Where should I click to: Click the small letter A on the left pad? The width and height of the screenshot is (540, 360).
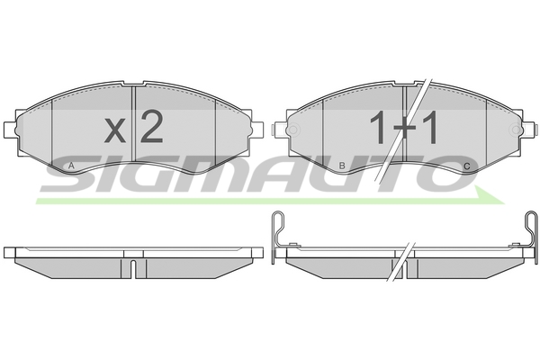click(x=71, y=166)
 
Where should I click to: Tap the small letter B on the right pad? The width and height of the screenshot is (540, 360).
click(x=342, y=166)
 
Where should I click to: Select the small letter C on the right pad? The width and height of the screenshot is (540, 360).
click(x=466, y=166)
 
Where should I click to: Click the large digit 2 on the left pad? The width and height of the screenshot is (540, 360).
click(x=151, y=126)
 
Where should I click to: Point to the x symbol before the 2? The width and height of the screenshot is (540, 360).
click(x=115, y=130)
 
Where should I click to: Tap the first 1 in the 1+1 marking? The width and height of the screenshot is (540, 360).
click(x=377, y=127)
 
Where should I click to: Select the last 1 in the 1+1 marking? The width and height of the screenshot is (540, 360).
click(x=430, y=127)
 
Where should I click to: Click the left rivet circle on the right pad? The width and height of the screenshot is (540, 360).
click(x=293, y=130)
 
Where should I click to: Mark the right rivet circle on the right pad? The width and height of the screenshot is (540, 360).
click(x=517, y=130)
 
